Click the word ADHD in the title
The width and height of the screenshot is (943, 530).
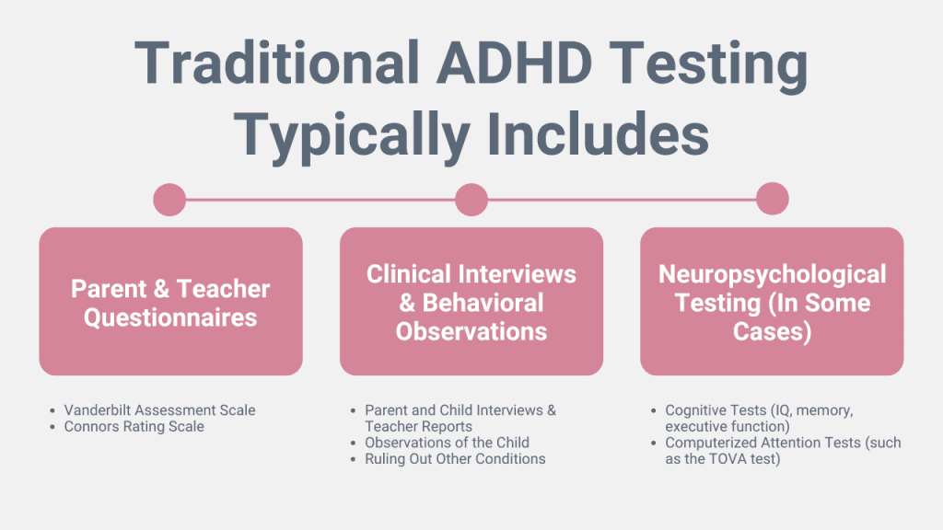(514, 63)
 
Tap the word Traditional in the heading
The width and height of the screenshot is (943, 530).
(276, 63)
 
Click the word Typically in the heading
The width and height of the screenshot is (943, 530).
(352, 137)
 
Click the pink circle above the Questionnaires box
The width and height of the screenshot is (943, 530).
(169, 200)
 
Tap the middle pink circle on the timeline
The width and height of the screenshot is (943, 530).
(471, 200)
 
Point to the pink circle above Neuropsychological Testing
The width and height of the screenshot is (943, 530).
(773, 199)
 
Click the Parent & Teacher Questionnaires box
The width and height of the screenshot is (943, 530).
(170, 302)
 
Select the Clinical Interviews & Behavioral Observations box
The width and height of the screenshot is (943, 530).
(471, 302)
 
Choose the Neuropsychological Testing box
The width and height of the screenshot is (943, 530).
(772, 302)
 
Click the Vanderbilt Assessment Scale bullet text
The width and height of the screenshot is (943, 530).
(160, 410)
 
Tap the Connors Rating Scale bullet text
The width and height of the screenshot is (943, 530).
(134, 427)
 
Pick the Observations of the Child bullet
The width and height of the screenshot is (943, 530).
(447, 443)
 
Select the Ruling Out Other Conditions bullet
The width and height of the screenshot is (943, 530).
(455, 459)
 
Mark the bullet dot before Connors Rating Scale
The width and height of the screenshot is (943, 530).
(52, 427)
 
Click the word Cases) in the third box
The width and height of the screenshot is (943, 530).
(773, 331)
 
